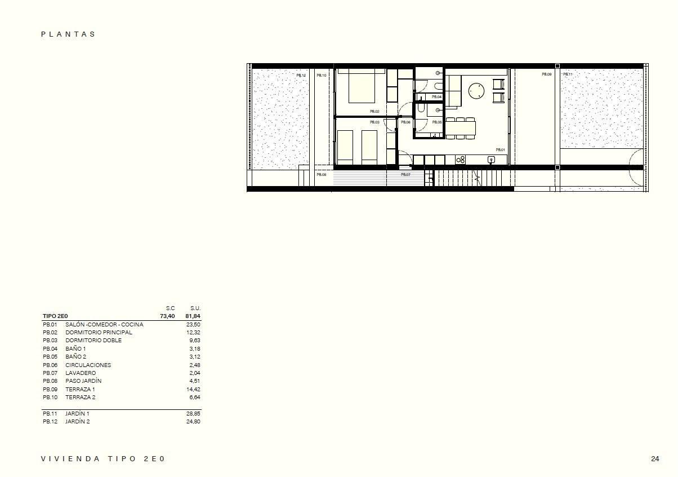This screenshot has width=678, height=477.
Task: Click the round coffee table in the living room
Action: (x=477, y=90)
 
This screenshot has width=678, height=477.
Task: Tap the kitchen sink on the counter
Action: (x=491, y=160)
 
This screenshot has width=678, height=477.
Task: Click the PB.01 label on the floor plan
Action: (x=500, y=150)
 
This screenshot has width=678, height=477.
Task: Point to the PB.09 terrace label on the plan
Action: (x=546, y=74)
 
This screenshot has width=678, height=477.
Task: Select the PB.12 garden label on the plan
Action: (x=301, y=76)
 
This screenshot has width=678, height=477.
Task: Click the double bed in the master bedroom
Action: (x=362, y=87)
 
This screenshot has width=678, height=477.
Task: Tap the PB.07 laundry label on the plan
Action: (x=405, y=175)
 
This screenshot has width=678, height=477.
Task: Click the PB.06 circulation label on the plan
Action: (x=405, y=122)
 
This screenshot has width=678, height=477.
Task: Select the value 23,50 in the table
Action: (x=193, y=325)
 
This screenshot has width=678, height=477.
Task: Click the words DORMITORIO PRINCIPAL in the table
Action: (x=99, y=333)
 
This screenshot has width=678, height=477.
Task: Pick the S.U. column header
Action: (x=195, y=308)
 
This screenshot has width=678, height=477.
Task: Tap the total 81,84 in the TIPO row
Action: (x=193, y=316)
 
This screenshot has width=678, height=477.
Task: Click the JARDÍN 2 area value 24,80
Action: (x=193, y=422)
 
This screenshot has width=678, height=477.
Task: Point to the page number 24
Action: (x=655, y=459)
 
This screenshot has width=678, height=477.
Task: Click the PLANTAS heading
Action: (x=68, y=34)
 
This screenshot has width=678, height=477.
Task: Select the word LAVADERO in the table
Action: (x=81, y=373)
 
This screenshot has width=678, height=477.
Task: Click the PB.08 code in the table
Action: (x=50, y=381)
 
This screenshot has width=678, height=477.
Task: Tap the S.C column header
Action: (x=170, y=308)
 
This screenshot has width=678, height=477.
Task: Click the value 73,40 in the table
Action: (x=167, y=316)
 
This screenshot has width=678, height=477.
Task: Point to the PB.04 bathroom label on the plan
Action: (x=437, y=97)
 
